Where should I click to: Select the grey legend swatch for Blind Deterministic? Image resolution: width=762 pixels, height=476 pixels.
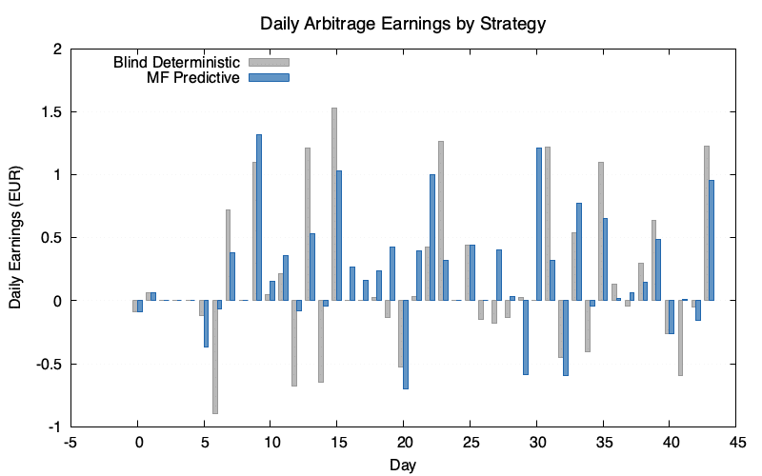pos(269,62)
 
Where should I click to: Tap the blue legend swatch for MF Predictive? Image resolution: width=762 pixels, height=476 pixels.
pos(269,77)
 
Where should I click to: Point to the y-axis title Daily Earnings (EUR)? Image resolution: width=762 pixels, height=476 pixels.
pos(15,238)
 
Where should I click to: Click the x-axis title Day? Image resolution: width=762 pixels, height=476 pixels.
pos(404,465)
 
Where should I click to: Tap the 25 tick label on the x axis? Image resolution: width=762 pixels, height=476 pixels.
pos(471,442)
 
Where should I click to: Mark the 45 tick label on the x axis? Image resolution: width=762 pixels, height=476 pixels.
pos(736,442)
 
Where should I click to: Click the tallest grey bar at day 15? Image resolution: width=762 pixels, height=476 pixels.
pos(334,204)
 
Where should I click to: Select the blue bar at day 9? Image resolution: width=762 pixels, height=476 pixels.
pos(259,217)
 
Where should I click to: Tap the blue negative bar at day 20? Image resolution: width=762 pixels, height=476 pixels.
pos(406,345)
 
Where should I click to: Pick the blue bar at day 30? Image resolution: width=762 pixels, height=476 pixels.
pos(538,224)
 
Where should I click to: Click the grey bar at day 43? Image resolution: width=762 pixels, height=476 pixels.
pos(707,223)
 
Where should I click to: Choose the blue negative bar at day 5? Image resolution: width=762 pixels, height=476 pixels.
pos(206,324)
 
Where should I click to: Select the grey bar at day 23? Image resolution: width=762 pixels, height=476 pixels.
pos(441,221)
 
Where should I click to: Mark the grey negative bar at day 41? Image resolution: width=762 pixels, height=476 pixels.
pos(680,338)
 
